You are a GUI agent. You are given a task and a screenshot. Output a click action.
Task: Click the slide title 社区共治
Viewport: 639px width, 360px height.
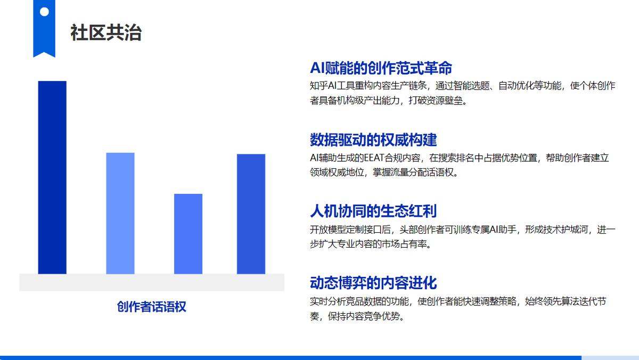click(x=106, y=32)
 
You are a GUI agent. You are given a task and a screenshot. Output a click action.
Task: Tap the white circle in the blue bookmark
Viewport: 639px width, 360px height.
click(x=44, y=12)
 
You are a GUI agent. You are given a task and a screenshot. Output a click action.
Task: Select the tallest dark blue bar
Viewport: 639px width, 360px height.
click(x=52, y=177)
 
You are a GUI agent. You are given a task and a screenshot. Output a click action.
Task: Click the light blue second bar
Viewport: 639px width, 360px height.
click(x=120, y=214)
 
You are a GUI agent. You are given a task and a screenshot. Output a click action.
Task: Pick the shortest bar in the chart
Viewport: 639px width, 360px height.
click(x=189, y=234)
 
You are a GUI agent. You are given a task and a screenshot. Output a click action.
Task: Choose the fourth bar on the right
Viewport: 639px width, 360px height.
click(x=251, y=214)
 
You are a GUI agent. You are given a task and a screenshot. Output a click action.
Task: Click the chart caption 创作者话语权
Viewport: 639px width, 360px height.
click(x=151, y=307)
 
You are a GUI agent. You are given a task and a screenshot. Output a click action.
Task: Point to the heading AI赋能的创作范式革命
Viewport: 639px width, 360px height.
click(x=381, y=68)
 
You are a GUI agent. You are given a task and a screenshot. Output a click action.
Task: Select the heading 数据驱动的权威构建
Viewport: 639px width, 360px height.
click(x=373, y=140)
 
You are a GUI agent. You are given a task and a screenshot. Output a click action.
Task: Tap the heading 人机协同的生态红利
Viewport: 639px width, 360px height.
click(x=373, y=211)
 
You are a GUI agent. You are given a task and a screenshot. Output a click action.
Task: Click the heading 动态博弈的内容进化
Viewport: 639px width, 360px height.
click(x=373, y=283)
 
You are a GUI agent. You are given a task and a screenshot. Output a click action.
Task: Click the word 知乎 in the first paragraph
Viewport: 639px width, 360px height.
click(x=319, y=86)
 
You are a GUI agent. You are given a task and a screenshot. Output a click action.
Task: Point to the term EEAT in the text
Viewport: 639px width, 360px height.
click(x=374, y=158)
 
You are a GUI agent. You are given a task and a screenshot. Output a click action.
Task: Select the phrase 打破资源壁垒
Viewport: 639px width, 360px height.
click(x=436, y=101)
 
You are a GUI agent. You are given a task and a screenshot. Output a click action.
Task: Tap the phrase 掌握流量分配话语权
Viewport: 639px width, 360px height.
click(x=413, y=173)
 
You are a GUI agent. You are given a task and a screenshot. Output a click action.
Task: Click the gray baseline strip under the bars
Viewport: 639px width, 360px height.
click(x=152, y=282)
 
